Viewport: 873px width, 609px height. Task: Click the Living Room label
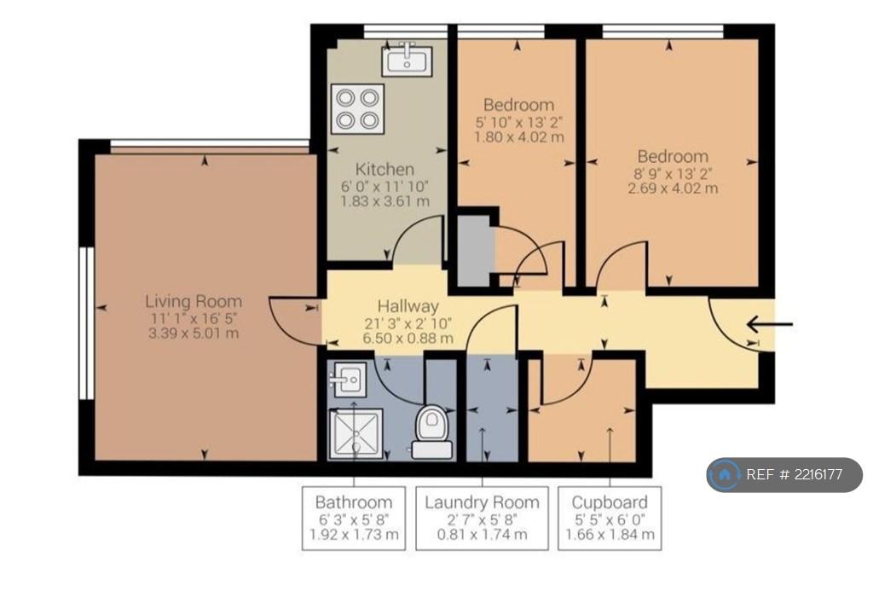[x=194, y=301]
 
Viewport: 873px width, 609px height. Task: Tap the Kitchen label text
[x=384, y=169]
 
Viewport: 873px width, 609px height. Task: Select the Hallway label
[x=408, y=306]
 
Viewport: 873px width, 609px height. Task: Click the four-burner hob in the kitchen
[x=357, y=109]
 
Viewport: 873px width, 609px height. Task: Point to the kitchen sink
[x=407, y=61]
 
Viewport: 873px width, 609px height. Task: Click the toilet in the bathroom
[x=432, y=432]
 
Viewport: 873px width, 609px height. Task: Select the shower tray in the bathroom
[x=356, y=434]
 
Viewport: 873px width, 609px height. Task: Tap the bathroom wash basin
[x=348, y=380]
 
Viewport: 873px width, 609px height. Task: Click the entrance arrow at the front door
[x=770, y=324]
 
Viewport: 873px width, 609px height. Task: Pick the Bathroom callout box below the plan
[x=354, y=519]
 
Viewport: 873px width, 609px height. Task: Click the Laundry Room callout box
[x=483, y=519]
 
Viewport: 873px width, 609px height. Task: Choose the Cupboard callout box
[x=610, y=519]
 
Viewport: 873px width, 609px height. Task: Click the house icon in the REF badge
[x=725, y=475]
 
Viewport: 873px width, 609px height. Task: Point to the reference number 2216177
[x=818, y=475]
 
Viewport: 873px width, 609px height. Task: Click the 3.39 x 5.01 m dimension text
[x=194, y=333]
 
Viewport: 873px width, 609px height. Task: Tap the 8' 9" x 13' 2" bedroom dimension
[x=674, y=174]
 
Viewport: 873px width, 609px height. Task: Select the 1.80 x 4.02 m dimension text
[x=519, y=136]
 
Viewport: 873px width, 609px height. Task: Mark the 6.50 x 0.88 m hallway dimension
[x=408, y=339]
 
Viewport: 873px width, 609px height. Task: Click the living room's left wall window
[x=86, y=323]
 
